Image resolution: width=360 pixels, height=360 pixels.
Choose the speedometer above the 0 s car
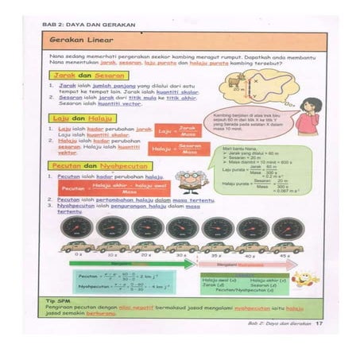tap(77, 229)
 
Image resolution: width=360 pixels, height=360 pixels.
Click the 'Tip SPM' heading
tap(58, 302)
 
